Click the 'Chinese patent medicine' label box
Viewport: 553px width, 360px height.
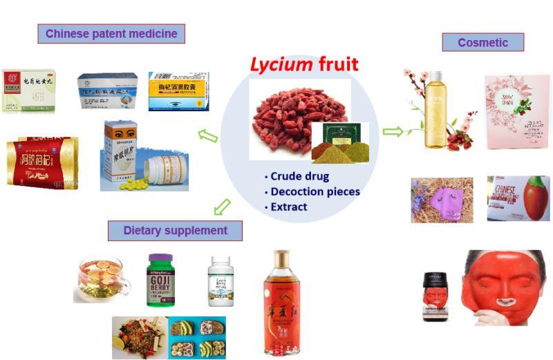coord(111,33)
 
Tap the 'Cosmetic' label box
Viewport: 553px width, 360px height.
coord(482,43)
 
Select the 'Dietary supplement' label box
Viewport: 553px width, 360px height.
coord(175,230)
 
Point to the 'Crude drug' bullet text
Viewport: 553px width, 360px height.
coord(299,176)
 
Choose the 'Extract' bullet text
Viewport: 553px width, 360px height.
coord(289,207)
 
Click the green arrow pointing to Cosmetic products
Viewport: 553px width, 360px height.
coord(393,131)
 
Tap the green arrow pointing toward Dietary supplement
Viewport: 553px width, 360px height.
coord(221,206)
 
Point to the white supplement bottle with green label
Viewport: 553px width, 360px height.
coord(221,281)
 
